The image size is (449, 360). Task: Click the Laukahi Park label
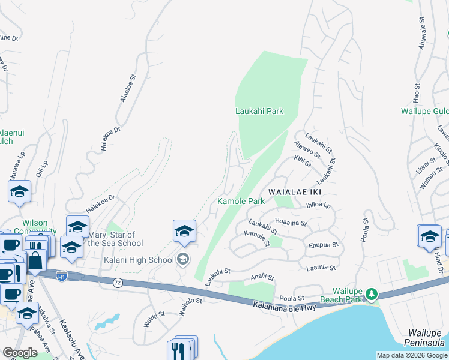[259, 111]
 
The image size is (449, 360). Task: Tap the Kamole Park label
[241, 201]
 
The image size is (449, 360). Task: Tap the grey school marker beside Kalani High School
[184, 259]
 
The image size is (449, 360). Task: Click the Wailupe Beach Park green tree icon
[372, 293]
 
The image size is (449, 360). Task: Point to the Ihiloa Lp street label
[319, 205]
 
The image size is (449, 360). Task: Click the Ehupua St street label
[324, 245]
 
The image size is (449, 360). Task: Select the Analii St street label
[262, 278]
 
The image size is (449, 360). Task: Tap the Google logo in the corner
[20, 353]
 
